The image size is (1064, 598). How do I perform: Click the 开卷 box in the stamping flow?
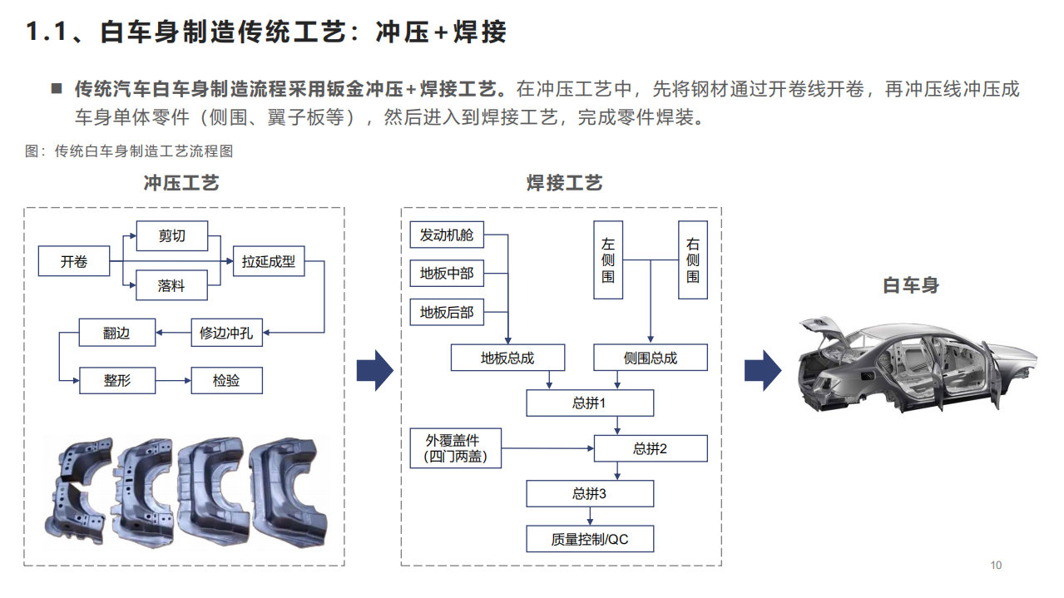(x=73, y=261)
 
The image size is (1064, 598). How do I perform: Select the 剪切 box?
(x=171, y=236)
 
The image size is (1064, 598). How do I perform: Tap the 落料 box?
(x=171, y=285)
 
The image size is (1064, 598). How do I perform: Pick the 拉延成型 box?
(x=268, y=261)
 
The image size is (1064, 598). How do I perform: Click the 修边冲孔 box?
(x=225, y=334)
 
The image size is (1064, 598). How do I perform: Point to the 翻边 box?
(x=116, y=334)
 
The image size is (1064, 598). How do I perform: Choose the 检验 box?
(x=225, y=380)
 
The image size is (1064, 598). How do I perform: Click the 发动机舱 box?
(x=447, y=235)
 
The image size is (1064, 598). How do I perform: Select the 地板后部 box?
(x=447, y=312)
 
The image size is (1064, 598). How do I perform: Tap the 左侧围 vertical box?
(x=608, y=259)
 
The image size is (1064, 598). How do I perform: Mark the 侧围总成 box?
(x=650, y=358)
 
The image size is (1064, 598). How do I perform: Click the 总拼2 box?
(x=650, y=448)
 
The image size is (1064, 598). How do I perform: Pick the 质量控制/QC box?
(x=589, y=539)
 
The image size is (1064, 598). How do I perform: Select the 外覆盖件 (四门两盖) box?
(x=455, y=448)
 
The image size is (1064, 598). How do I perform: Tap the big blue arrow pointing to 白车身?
(x=762, y=369)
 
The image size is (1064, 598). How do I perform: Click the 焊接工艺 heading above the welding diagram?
(x=564, y=183)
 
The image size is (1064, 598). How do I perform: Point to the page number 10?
(x=996, y=566)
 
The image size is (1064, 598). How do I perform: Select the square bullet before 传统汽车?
(x=57, y=87)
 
